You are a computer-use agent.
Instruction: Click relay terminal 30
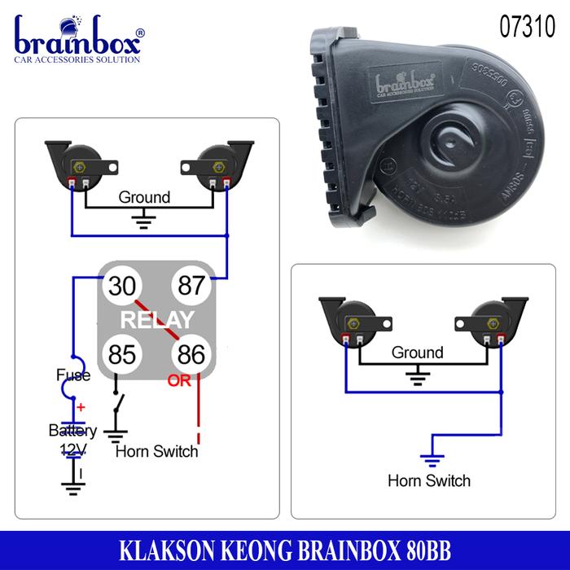tap(119, 286)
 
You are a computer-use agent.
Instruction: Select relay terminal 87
tap(191, 286)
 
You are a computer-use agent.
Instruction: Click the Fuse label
tap(73, 375)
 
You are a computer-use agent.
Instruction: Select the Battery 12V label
tap(72, 439)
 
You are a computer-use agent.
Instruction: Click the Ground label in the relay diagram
tap(144, 197)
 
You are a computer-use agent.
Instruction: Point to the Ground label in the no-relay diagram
tap(417, 353)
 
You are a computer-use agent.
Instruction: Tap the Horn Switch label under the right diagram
tap(429, 480)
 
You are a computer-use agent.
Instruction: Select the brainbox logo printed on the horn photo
tap(405, 83)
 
